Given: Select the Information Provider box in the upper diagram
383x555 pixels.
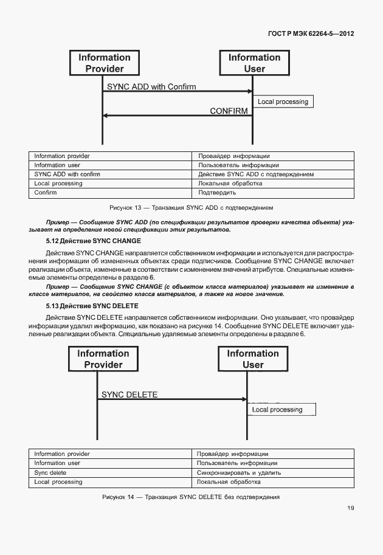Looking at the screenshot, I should [104, 63].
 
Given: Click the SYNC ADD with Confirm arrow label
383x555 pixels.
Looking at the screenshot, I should [151, 87].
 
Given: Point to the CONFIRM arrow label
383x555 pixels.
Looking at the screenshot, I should [229, 111].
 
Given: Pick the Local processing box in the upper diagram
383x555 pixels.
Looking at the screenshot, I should [283, 102].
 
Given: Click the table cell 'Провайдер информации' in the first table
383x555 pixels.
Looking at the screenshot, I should [234, 156].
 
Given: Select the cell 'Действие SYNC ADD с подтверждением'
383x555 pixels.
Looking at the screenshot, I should [256, 174].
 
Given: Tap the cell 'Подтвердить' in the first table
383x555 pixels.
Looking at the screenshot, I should [217, 193].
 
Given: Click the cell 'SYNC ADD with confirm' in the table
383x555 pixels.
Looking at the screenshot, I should [67, 174].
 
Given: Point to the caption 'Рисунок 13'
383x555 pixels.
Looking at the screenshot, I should [191, 207].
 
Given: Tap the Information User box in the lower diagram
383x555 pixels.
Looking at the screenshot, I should [253, 359].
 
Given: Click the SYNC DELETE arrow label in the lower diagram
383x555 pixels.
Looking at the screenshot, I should [129, 395].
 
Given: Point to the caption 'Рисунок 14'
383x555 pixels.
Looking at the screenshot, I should [191, 497].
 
